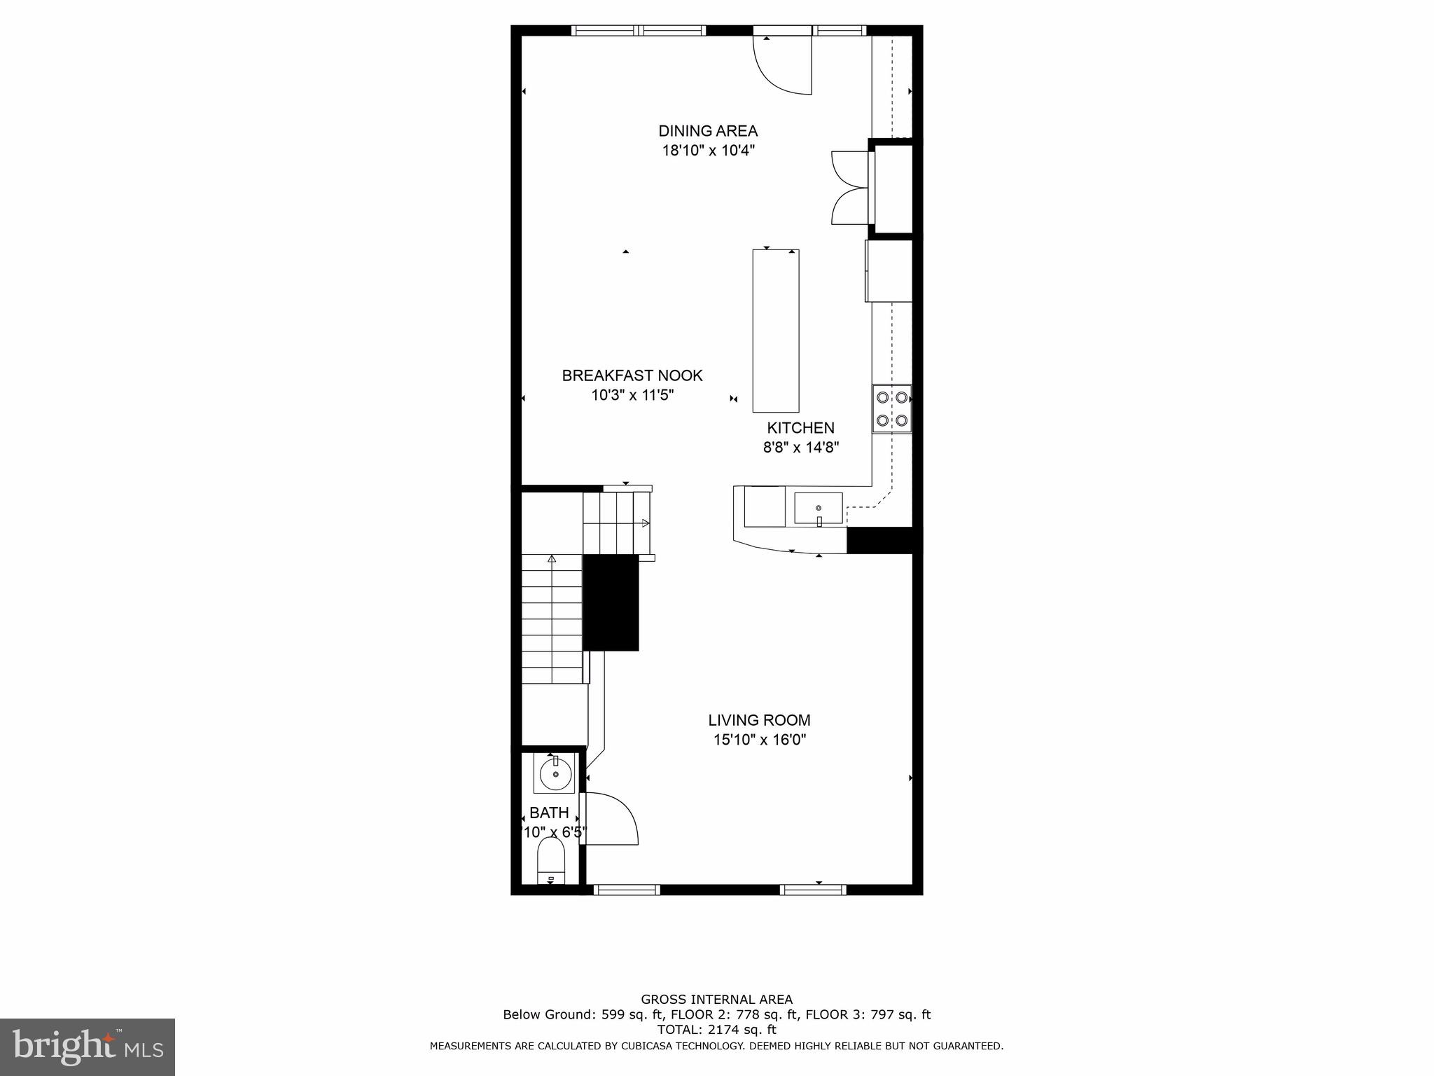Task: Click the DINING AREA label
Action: click(x=708, y=131)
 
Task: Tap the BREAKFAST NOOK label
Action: click(x=632, y=375)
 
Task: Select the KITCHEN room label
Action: click(x=800, y=428)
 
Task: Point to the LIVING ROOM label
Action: click(x=759, y=720)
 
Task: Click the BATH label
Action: click(x=549, y=813)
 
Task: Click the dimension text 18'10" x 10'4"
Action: click(x=708, y=151)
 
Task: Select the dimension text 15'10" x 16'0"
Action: click(x=759, y=740)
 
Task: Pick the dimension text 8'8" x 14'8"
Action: click(x=800, y=447)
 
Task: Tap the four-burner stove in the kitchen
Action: click(x=892, y=409)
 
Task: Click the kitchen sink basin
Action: click(x=818, y=509)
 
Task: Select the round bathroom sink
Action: click(x=556, y=774)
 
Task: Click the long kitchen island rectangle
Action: click(x=775, y=331)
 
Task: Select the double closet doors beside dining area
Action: click(x=849, y=188)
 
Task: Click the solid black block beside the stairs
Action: click(x=611, y=602)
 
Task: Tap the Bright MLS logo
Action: click(x=88, y=1047)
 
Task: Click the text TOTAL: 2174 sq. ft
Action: click(x=716, y=1030)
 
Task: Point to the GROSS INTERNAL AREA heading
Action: click(x=716, y=1000)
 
